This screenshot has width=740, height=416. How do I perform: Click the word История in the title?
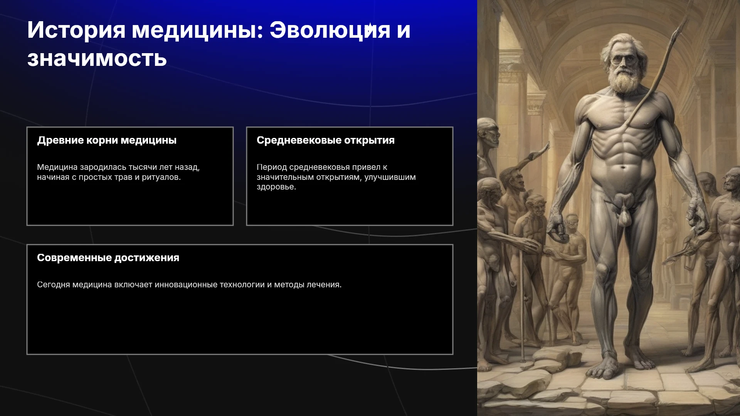click(76, 30)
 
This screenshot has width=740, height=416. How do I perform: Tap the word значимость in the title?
click(97, 59)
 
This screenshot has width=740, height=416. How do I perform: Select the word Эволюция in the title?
click(330, 30)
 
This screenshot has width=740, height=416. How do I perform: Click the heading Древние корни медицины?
click(107, 140)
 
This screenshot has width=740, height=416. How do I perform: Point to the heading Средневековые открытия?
click(326, 140)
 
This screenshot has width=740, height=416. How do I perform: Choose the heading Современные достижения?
click(108, 258)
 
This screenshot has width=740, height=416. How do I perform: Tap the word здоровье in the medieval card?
click(276, 187)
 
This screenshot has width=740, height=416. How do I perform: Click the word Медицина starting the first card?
click(57, 168)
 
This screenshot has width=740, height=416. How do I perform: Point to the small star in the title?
click(369, 28)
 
